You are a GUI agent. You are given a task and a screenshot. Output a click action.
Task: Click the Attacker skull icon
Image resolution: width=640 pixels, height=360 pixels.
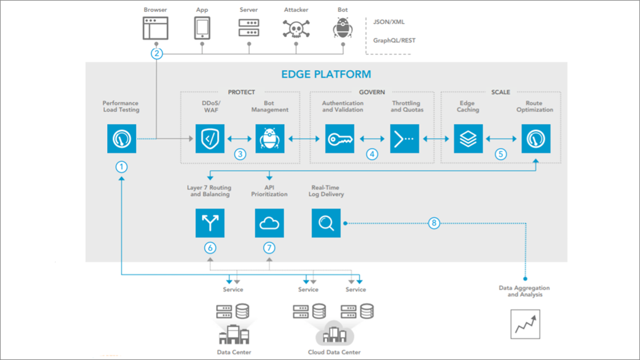tap(296, 28)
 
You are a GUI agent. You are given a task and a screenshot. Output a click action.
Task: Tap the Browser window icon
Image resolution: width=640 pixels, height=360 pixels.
tap(155, 28)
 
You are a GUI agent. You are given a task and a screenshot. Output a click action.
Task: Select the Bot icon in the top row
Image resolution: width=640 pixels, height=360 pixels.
tap(343, 28)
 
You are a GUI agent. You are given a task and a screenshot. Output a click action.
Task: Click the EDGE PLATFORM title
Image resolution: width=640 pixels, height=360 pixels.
tap(326, 74)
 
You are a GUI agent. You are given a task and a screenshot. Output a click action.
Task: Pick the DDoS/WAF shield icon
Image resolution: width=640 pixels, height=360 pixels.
tap(210, 139)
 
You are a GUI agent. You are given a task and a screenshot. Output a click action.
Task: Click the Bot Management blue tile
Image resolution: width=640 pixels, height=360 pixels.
tap(270, 139)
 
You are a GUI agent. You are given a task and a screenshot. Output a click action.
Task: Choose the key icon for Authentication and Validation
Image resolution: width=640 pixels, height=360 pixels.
tap(340, 139)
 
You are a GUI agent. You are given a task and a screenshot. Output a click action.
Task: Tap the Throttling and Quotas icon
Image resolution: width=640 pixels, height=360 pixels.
tap(404, 139)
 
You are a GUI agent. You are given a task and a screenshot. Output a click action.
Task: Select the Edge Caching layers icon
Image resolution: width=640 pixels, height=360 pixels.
tap(468, 139)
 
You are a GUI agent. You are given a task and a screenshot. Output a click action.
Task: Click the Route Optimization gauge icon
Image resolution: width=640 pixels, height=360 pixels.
tap(536, 139)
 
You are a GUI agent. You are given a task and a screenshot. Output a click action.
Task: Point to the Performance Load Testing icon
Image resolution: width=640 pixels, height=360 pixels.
tap(122, 139)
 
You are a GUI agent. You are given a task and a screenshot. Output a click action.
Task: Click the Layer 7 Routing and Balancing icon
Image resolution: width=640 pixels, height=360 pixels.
tap(210, 223)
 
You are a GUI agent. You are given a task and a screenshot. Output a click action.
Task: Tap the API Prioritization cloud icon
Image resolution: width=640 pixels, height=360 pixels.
tap(270, 223)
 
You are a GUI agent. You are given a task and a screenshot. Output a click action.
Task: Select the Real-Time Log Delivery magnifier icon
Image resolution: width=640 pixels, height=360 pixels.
tap(326, 223)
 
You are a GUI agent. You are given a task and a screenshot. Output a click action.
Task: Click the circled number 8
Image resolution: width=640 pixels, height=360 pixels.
tap(434, 223)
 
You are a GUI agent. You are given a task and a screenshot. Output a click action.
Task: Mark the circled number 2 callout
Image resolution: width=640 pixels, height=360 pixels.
tap(156, 54)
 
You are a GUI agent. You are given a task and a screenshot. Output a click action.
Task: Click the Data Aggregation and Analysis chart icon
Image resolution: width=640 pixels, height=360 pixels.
tap(525, 324)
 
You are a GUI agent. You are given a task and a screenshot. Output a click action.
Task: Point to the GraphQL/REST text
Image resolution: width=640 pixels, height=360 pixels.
tap(394, 40)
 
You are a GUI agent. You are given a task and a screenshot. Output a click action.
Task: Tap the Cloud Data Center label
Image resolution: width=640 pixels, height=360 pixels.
tap(334, 352)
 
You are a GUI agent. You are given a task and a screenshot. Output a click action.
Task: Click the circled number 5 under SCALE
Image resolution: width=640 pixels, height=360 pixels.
tap(501, 154)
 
